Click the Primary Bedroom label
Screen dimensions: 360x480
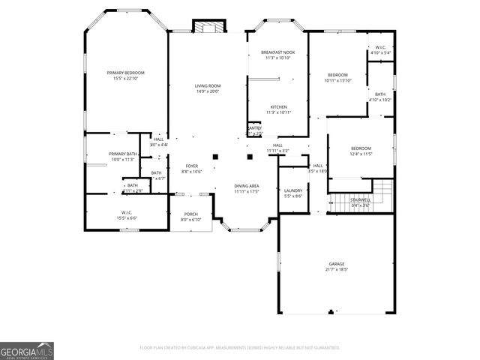[x=125, y=73]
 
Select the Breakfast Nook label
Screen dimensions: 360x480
[x=277, y=52]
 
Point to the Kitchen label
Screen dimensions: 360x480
[x=278, y=107]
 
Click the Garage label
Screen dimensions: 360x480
[x=336, y=264]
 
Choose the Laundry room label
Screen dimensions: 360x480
[x=292, y=190]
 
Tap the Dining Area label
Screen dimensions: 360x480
[x=247, y=186]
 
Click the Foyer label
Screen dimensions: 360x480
[x=191, y=166]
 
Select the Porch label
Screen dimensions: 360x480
[x=191, y=214]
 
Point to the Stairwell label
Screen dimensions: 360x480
[x=361, y=200]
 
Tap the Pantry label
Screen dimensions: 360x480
[x=255, y=128]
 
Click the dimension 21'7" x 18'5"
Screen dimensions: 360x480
[x=336, y=269]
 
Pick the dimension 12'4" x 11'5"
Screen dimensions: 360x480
[x=361, y=154]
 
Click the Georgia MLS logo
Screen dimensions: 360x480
[x=27, y=351]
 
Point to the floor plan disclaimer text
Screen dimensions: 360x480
[x=240, y=348]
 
